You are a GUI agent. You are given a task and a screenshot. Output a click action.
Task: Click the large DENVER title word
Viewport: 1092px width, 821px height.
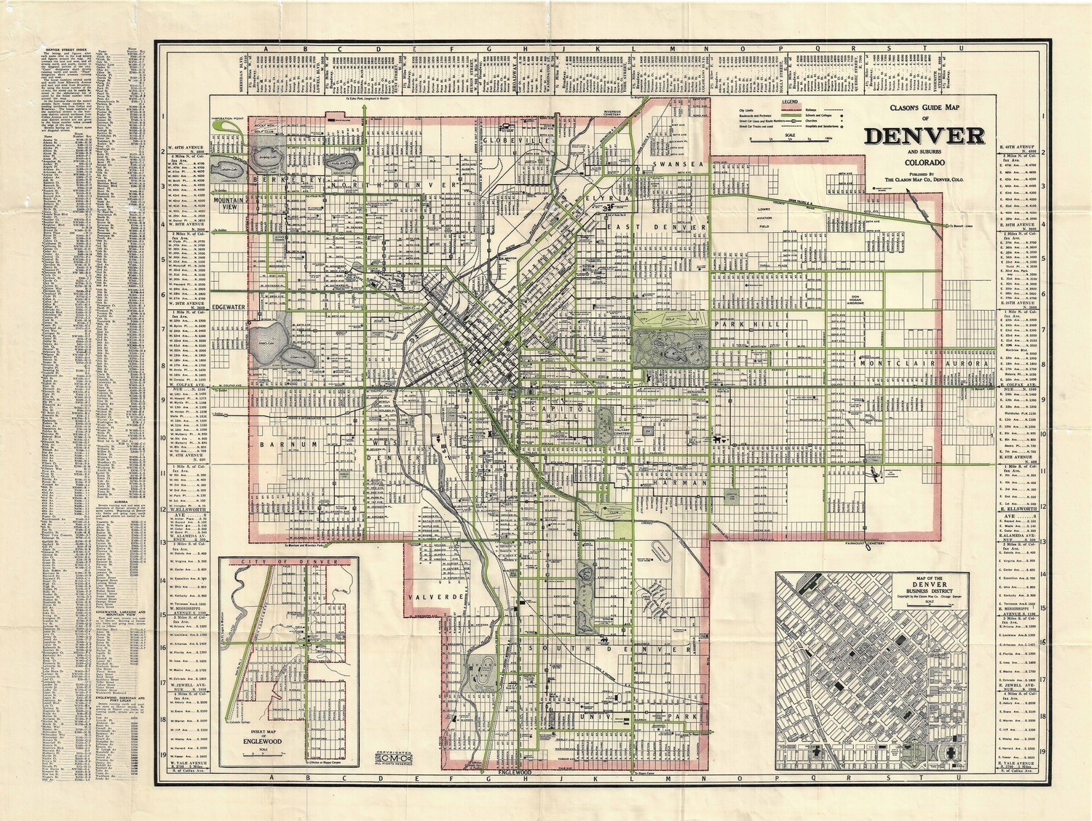click(925, 136)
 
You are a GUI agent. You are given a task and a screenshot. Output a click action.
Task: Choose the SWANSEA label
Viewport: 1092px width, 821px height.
click(678, 164)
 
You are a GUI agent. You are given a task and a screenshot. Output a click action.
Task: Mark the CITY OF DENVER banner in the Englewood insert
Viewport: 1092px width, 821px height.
click(289, 563)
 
